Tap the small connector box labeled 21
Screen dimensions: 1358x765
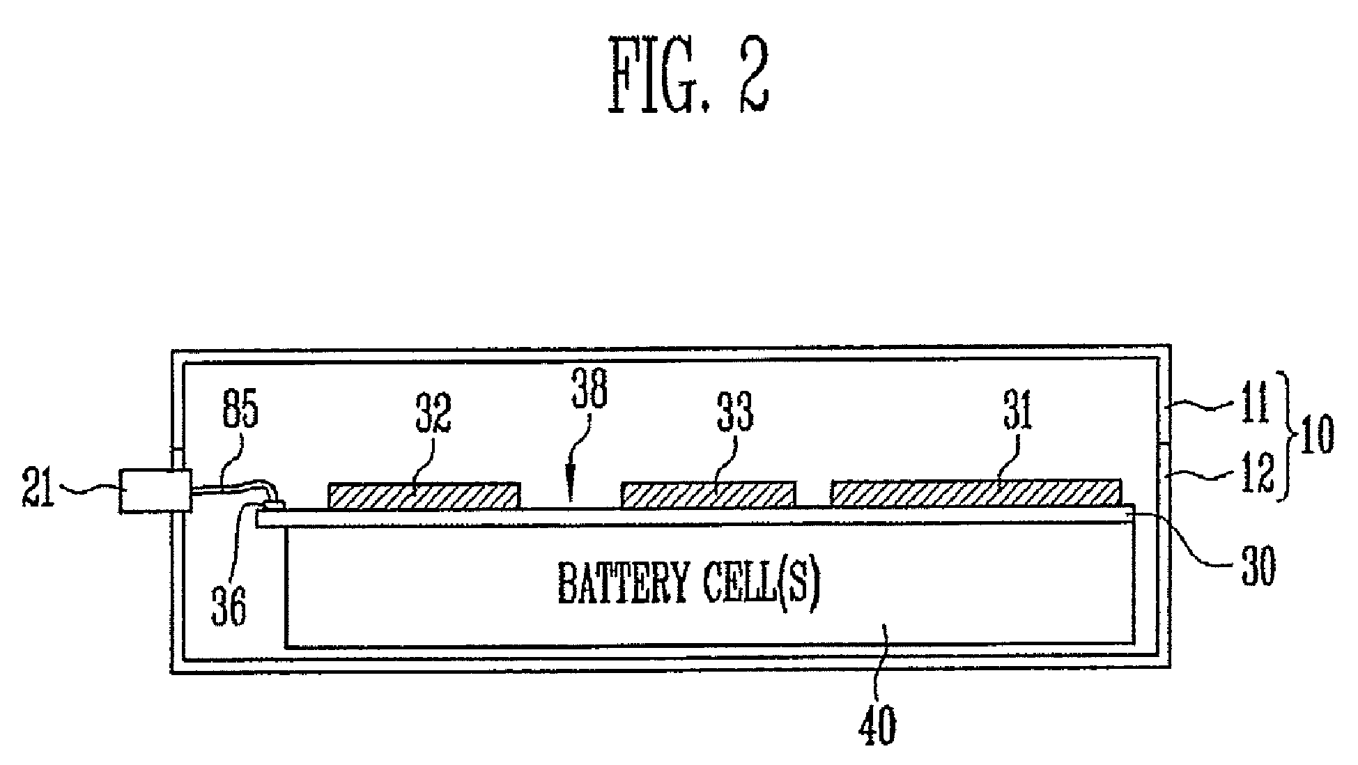coord(155,491)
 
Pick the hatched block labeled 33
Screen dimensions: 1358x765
coord(708,494)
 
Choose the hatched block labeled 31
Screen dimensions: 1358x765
coord(976,492)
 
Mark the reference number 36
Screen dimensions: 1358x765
coord(229,607)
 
